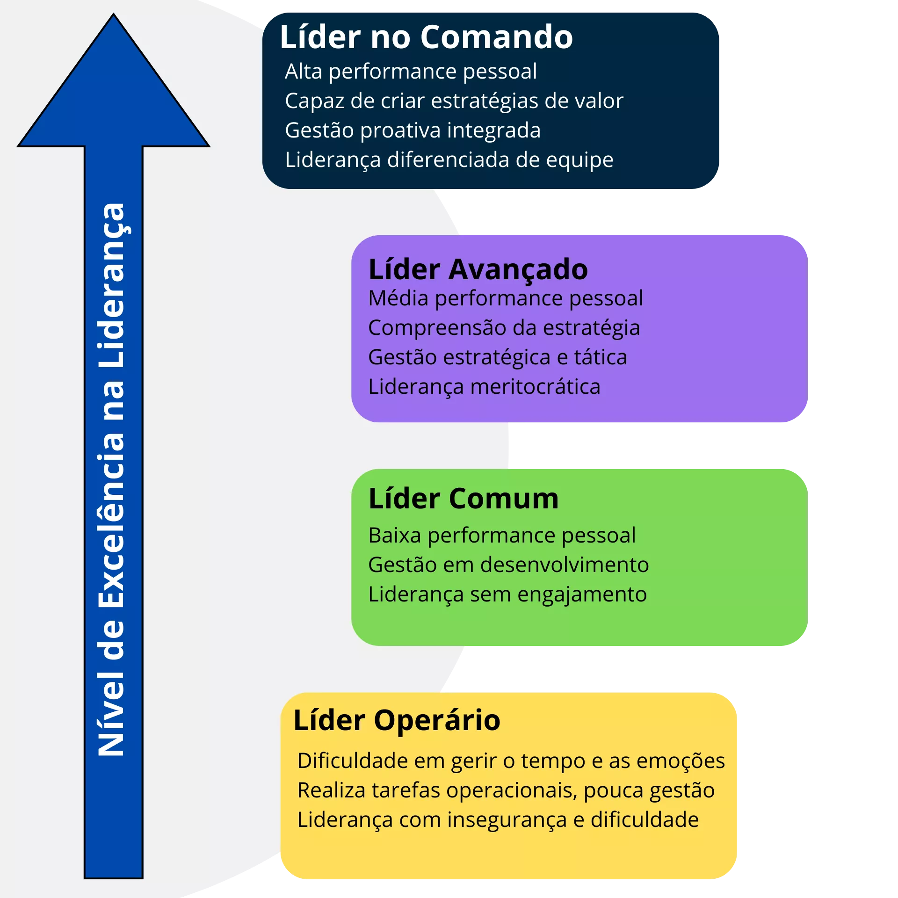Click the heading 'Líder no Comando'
426,37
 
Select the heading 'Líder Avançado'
478,270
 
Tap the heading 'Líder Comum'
463,499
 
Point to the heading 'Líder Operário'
397,720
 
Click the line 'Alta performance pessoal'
411,72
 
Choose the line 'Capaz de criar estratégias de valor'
454,101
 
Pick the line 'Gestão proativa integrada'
413,130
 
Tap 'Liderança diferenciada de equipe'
449,160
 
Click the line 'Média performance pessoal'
505,298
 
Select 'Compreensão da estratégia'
504,328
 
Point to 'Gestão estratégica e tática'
497,357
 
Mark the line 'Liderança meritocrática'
484,387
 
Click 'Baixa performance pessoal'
502,536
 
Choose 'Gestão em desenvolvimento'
508,565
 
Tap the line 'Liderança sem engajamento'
507,594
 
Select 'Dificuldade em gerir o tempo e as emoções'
511,761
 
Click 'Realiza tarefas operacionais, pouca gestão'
506,790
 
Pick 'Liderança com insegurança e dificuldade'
498,820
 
